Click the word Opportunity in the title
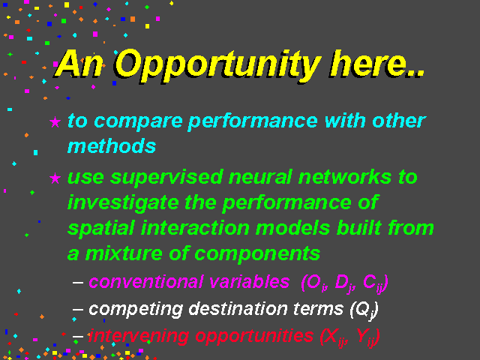click(218, 65)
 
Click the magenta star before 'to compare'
click(55, 121)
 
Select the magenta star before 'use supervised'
click(55, 178)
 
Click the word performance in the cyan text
click(253, 122)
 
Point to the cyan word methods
click(112, 146)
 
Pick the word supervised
click(166, 178)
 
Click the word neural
click(260, 177)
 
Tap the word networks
click(345, 177)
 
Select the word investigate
click(123, 204)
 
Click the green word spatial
click(101, 229)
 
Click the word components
click(257, 255)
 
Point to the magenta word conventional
click(145, 282)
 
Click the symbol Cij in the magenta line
click(373, 283)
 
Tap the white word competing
click(136, 310)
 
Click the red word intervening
click(139, 337)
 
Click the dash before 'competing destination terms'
click(78, 309)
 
